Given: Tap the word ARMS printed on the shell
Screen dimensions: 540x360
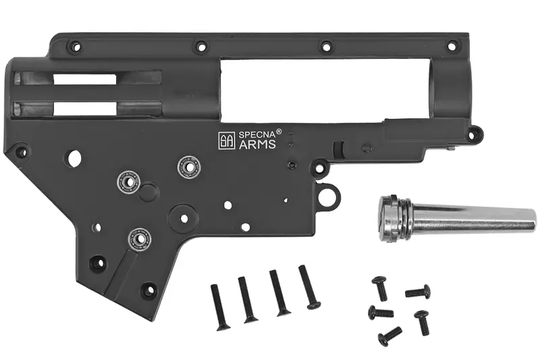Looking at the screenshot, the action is pos(257,144).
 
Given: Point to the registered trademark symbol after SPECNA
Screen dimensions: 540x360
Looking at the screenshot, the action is pos(279,131).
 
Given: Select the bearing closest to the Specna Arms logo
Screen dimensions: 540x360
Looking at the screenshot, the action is pos(189,167).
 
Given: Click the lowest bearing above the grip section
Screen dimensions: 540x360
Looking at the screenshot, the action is pos(140,238).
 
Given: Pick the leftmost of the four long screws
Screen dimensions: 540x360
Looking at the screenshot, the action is pos(220,307).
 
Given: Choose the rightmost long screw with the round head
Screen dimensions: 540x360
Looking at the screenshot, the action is pos(310,287).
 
